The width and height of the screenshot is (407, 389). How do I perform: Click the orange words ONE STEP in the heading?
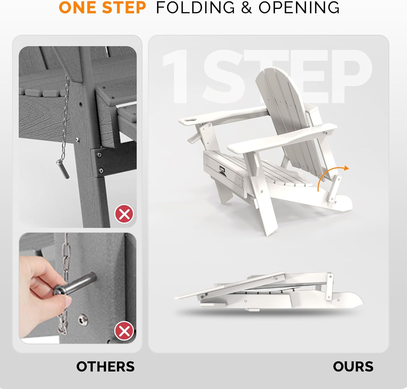pos(102,8)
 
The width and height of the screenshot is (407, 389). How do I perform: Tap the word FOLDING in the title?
pos(195,8)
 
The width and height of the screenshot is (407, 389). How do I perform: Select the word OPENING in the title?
pos(299,8)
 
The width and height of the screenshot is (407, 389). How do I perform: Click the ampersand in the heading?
pos(246,8)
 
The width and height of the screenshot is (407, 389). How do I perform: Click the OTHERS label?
pos(105,366)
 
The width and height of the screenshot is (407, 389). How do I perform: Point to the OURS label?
pos(353,366)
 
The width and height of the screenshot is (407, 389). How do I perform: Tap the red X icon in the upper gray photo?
pos(124,214)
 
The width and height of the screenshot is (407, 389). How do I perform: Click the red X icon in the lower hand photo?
pos(124,331)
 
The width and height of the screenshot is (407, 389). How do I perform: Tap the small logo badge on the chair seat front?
pos(222,168)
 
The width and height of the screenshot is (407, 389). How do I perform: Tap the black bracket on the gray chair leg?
pos(114,160)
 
